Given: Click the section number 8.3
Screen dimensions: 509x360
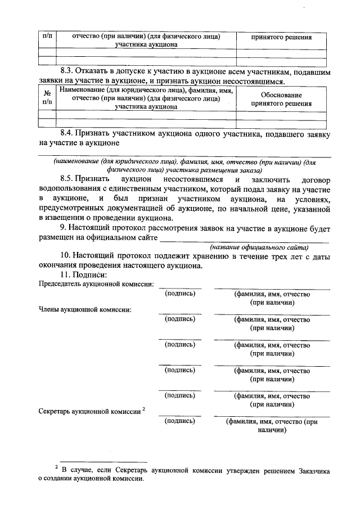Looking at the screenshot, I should pyautogui.click(x=68, y=73).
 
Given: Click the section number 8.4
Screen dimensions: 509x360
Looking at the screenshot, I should pyautogui.click(x=69, y=134).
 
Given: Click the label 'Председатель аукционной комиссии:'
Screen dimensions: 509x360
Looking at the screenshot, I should pyautogui.click(x=96, y=285).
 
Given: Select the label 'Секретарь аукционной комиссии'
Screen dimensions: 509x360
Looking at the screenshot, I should pyautogui.click(x=89, y=412).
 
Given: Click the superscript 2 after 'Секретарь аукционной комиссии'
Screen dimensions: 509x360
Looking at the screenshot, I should pyautogui.click(x=144, y=409).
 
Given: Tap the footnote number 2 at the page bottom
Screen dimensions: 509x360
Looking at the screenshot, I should pyautogui.click(x=57, y=467).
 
